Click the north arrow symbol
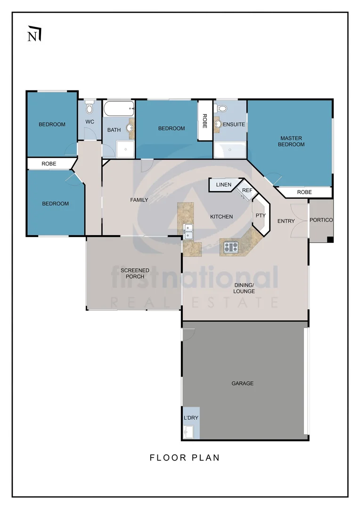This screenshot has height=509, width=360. (34, 34)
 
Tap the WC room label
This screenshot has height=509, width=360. (90, 122)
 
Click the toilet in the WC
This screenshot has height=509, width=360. (89, 107)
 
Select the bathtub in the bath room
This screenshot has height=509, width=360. (119, 109)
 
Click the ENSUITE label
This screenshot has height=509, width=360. (234, 124)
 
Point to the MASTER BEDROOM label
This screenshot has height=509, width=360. (291, 141)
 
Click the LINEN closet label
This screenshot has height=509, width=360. (224, 185)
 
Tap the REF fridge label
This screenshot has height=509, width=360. (247, 190)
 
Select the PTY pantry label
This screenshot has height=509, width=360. (261, 215)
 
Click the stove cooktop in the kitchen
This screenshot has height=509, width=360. (231, 247)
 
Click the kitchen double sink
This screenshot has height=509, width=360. (188, 231)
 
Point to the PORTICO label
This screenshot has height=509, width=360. (321, 220)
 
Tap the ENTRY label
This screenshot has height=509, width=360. (286, 221)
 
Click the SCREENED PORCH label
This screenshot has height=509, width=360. (135, 273)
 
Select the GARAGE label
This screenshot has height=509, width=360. (243, 383)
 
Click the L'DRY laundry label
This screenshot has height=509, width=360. (191, 418)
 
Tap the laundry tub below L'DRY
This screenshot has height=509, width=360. (188, 432)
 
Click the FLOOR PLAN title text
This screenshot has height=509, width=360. (185, 458)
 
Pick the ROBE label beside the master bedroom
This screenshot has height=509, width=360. (304, 192)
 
